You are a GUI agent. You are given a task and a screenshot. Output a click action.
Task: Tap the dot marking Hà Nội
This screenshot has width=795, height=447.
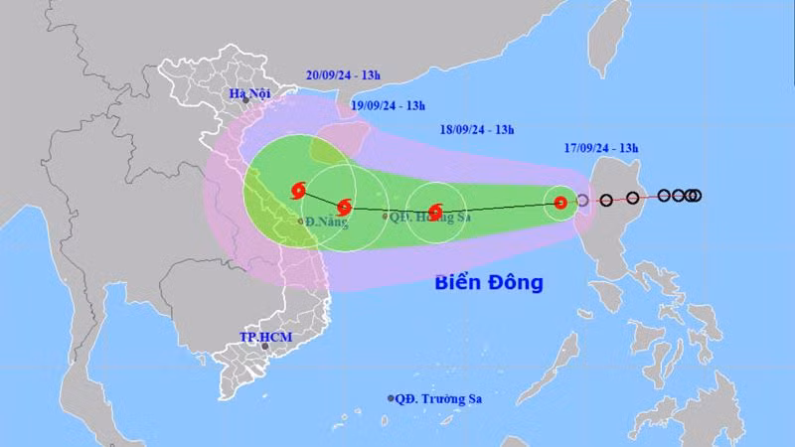[244, 101]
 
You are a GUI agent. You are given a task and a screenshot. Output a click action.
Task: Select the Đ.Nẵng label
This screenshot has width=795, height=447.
[327, 223]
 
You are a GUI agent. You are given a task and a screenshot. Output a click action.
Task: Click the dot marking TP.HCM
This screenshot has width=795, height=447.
[266, 347]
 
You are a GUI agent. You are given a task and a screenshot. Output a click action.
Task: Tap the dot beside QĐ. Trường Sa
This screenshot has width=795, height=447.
[391, 398]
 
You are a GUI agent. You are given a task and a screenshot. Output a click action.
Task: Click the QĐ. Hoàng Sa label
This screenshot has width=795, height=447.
[429, 216]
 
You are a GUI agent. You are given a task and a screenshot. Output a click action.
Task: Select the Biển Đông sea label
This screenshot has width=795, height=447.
[489, 282]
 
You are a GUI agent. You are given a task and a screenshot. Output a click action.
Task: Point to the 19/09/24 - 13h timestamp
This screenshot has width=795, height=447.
[389, 105]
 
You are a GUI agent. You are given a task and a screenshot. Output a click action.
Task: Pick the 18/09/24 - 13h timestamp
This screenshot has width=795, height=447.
[477, 129]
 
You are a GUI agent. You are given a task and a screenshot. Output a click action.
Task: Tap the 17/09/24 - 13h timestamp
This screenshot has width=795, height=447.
[601, 149]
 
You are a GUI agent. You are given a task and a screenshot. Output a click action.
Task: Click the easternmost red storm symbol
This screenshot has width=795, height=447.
[560, 203]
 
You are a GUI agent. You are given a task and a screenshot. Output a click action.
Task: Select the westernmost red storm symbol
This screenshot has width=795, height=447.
[297, 190]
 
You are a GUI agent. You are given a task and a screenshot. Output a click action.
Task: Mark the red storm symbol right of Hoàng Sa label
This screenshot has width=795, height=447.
[434, 211]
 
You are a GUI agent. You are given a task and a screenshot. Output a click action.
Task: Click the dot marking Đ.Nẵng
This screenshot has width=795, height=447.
[302, 222]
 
